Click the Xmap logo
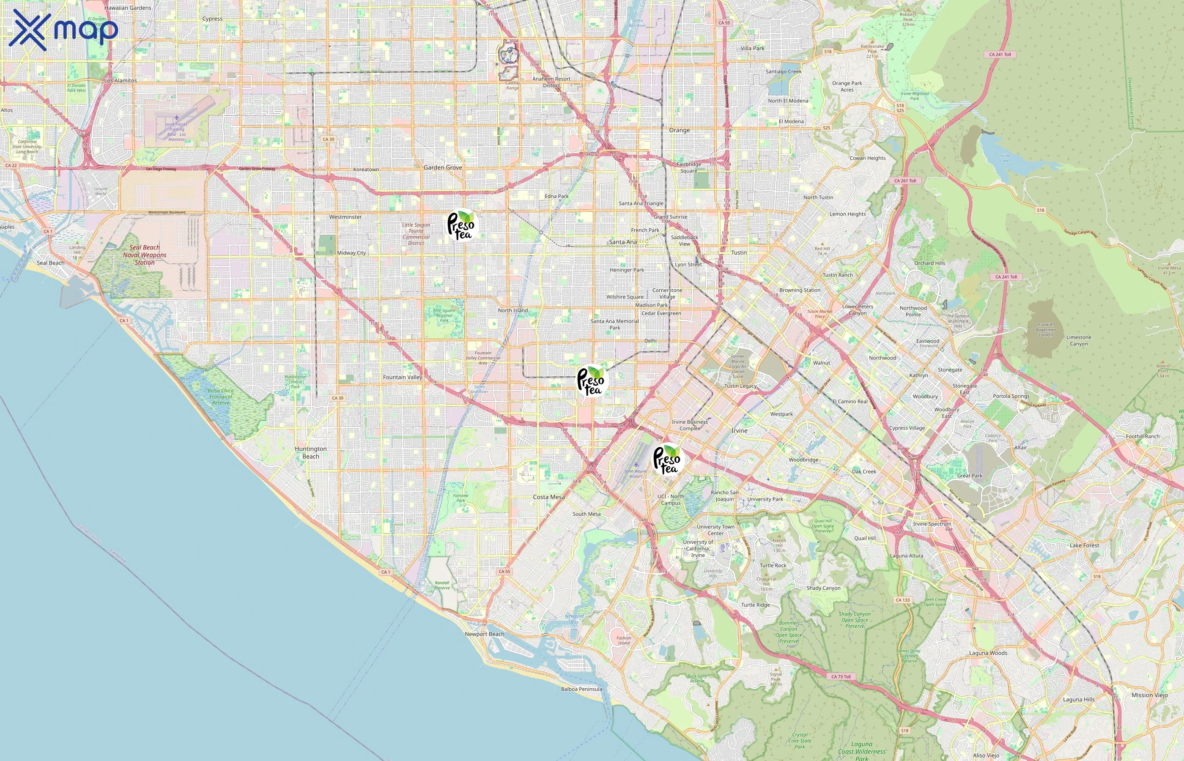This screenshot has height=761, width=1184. click(x=63, y=30)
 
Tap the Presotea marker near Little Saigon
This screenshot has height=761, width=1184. click(x=460, y=225)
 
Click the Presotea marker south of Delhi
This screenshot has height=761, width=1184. click(x=591, y=380)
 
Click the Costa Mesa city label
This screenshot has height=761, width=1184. click(x=548, y=497)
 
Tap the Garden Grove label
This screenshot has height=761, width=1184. click(x=443, y=167)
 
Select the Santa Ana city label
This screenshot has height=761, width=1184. click(x=622, y=242)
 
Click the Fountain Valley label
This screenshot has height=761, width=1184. click(x=402, y=377)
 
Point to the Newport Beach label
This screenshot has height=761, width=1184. click(x=484, y=634)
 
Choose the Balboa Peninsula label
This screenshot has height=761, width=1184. click(x=581, y=689)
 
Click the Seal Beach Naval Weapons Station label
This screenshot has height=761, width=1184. click(x=145, y=255)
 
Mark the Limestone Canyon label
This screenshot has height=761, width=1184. click(x=1078, y=340)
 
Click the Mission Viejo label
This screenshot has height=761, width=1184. click(x=1149, y=695)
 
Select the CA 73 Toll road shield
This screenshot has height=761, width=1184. click(x=841, y=676)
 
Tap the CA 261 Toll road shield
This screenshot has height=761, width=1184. click(x=905, y=181)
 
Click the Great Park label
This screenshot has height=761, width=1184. click(x=970, y=475)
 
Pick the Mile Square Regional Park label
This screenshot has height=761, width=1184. click(x=444, y=315)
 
